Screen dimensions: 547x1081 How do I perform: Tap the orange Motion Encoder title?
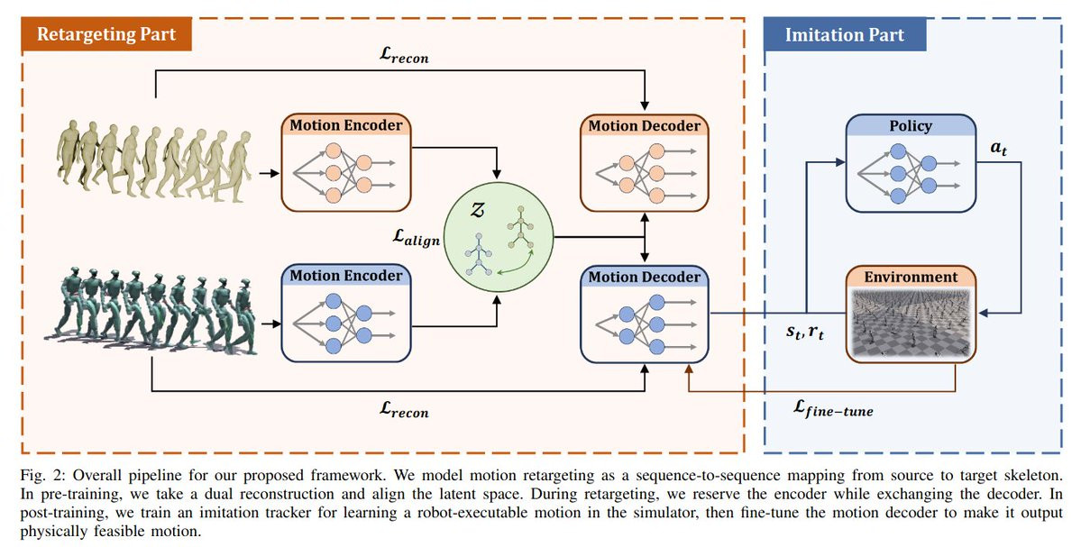tap(346, 126)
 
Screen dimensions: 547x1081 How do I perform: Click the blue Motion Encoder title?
tap(346, 275)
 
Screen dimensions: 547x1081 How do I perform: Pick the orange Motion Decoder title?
tap(644, 126)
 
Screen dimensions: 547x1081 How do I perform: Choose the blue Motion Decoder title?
tap(644, 277)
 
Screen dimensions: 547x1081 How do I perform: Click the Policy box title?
tap(910, 126)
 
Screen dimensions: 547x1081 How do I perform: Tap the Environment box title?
tap(911, 277)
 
